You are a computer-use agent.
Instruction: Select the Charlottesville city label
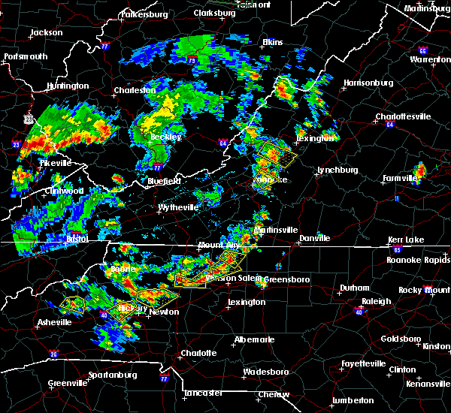click(x=403, y=116)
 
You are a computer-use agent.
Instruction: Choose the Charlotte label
click(x=198, y=353)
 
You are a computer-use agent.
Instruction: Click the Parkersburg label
click(x=144, y=14)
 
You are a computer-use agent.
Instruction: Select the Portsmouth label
click(x=25, y=56)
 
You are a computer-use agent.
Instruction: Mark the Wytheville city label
click(x=178, y=207)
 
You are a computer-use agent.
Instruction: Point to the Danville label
click(x=314, y=238)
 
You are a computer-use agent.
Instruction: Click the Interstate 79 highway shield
click(x=192, y=60)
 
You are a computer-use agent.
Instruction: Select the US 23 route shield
click(x=29, y=119)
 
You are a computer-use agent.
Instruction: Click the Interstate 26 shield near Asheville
click(x=53, y=354)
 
